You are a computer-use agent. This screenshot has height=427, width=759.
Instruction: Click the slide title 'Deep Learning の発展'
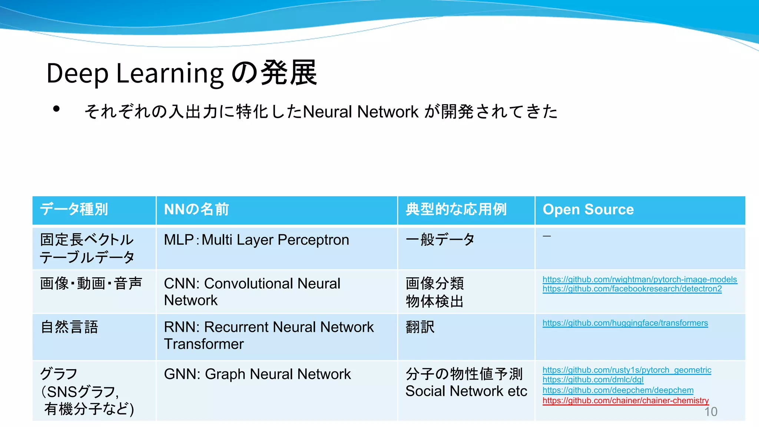[x=182, y=73]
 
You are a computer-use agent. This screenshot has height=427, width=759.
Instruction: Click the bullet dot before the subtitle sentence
[x=56, y=109]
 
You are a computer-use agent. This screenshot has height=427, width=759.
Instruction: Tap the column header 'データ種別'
[x=74, y=209]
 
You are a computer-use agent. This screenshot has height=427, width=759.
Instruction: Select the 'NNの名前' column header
[x=196, y=209]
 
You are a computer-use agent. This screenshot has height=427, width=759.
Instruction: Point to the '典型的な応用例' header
[x=456, y=209]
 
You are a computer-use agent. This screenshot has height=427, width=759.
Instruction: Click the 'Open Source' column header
[x=588, y=209]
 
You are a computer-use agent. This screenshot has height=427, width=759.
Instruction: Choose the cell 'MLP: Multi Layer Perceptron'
[x=256, y=240]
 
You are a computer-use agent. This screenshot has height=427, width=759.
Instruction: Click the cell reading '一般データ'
[x=440, y=239]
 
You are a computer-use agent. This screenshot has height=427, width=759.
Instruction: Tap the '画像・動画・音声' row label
[x=91, y=284]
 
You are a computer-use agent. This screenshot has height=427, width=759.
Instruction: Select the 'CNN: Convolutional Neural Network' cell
[x=252, y=292]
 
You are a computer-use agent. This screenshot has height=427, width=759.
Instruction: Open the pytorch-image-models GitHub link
[x=640, y=279]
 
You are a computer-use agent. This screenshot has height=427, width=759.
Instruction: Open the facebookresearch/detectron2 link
[x=632, y=289]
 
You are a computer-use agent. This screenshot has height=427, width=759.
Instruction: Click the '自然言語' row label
[x=70, y=327]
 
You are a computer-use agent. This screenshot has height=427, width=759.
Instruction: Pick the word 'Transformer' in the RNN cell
[x=204, y=344]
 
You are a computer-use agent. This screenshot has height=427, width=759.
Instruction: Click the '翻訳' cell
[x=420, y=327]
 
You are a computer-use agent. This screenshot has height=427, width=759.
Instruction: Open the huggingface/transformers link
[x=625, y=323]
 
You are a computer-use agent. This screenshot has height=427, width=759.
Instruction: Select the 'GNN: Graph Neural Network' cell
[x=257, y=374]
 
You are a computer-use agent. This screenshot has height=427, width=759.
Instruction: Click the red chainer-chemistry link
[x=626, y=401]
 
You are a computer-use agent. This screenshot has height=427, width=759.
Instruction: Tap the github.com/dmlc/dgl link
[x=593, y=380]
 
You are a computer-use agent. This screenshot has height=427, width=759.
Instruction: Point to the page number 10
[x=710, y=411]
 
